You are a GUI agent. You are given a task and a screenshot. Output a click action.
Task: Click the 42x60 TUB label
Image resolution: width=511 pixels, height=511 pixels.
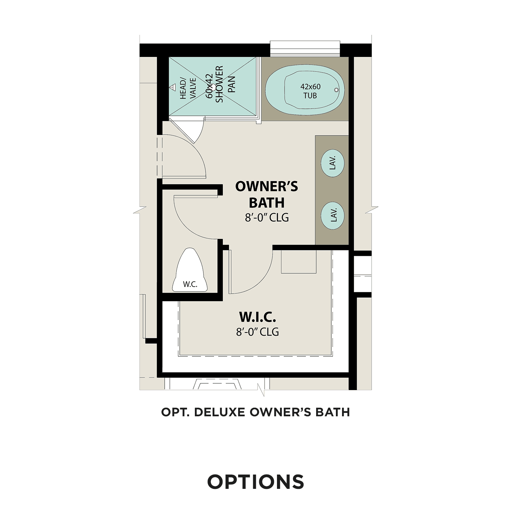(x=310, y=91)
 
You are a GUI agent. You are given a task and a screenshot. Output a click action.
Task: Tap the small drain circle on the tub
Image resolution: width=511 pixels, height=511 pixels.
(x=336, y=90)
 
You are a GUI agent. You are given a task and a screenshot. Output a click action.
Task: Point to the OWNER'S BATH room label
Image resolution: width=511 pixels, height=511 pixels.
(x=267, y=194)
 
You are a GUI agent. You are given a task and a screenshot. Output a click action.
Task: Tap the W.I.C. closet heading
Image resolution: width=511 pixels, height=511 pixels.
(x=258, y=317)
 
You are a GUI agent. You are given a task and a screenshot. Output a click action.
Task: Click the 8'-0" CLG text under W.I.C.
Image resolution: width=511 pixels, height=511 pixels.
(x=258, y=331)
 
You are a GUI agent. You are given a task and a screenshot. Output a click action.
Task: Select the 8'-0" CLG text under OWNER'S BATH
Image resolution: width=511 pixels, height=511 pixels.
(x=267, y=217)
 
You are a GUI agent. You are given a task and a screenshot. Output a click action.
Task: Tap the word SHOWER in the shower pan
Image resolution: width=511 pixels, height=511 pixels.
(x=219, y=84)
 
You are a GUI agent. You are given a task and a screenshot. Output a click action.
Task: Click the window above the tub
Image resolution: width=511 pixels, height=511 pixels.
(x=305, y=48)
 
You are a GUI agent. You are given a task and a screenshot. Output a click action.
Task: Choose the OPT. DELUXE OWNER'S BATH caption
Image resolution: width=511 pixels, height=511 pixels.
(x=255, y=412)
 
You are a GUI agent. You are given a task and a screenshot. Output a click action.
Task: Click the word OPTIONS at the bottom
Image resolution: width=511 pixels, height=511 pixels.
(x=255, y=482)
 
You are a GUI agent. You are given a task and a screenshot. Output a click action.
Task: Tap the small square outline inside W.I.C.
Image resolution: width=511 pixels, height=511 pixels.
(x=299, y=262)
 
